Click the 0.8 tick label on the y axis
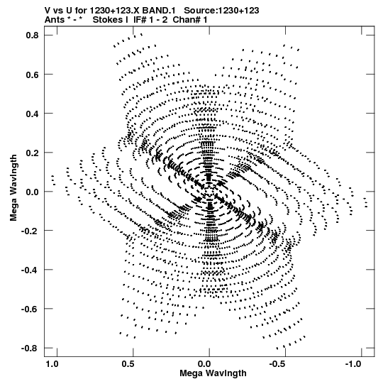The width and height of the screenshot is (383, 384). coord(33,35)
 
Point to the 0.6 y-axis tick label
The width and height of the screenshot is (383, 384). coord(33,75)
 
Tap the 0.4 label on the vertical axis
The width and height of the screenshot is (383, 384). coord(33,114)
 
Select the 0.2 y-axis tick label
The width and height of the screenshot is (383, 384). coord(33,153)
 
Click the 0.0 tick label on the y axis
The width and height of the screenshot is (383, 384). coord(33,192)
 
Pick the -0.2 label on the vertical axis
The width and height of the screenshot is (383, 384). coord(30,231)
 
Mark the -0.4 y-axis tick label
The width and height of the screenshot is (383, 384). coord(30,270)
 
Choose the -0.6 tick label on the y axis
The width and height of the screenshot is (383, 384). coord(30,309)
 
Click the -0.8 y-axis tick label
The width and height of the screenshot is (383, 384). coord(30,349)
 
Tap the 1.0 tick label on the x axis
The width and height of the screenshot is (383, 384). coord(52,364)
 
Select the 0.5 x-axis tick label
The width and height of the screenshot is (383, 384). coord(128,364)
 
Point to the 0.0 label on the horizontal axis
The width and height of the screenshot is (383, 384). coord(204,364)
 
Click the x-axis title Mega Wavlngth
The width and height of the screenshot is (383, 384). coord(213,373)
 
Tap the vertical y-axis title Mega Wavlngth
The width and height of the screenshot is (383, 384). coord(13,188)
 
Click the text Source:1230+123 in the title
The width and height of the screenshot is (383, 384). coord(221,11)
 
